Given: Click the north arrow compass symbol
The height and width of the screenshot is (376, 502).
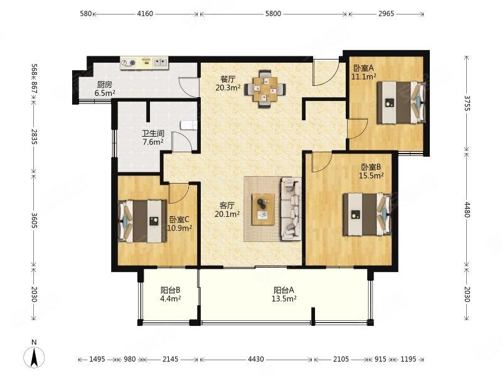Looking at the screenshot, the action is tap(34, 357).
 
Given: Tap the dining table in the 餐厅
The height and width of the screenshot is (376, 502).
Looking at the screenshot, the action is tap(265, 90).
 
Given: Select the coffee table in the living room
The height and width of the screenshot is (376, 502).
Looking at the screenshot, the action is tap(263, 209).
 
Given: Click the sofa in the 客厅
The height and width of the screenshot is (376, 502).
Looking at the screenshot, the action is tap(291, 209).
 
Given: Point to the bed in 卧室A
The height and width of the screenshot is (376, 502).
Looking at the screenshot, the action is tap(401, 102).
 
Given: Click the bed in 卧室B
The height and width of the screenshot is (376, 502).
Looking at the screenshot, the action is tap(367, 214).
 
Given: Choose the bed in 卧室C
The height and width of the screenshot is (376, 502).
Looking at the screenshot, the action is tap(142, 221).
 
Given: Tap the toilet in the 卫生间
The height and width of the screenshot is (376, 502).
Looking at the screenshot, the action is tap(189, 125).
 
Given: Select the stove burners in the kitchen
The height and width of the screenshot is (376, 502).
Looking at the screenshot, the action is tap(129, 63).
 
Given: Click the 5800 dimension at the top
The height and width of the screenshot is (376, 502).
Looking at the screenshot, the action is tap(273, 13).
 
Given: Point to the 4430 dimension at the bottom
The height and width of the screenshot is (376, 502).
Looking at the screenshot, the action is tap(256, 359).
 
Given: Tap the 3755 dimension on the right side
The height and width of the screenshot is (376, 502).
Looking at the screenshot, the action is tap(466, 103).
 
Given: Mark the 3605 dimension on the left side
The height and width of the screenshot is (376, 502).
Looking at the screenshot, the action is tap(35, 221).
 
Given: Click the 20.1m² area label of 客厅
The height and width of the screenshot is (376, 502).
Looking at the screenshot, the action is tap(227, 214).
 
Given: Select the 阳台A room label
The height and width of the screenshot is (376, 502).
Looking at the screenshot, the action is tap(284, 290).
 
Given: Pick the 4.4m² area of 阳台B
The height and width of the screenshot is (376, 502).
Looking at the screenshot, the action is tap(170, 299).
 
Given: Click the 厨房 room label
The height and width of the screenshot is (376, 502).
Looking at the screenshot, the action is tap(105, 85).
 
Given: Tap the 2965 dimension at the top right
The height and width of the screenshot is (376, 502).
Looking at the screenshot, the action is tap(386, 13).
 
